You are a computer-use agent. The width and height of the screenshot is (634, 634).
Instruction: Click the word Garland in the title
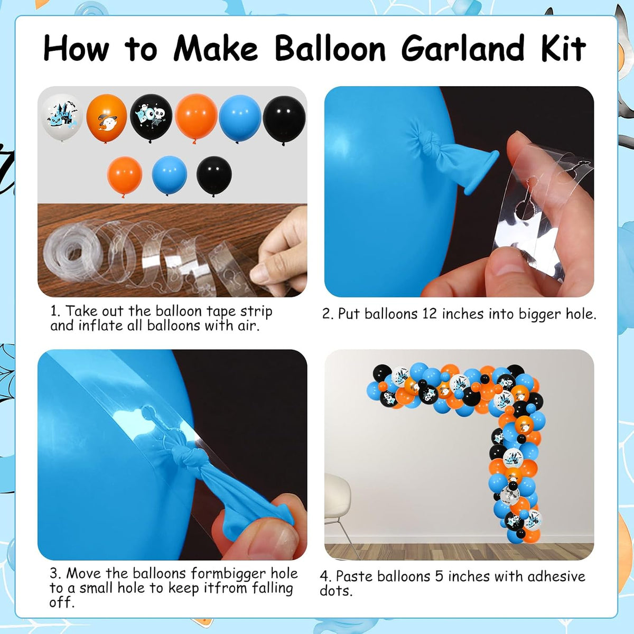point(462,49)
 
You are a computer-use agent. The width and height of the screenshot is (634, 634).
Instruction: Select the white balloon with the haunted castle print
point(61,117)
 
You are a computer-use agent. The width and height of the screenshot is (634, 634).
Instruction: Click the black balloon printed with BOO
point(151,118)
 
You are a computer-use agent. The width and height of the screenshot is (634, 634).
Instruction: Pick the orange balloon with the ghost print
point(107,118)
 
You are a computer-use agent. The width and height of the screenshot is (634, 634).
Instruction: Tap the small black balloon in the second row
point(214,175)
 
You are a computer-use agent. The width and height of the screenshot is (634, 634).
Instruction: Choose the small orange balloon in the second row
point(125,176)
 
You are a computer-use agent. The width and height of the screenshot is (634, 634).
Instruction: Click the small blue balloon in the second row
point(170,175)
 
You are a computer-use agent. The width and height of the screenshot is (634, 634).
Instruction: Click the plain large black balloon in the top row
point(284,120)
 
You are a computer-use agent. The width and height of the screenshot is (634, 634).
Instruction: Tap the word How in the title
point(76,49)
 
